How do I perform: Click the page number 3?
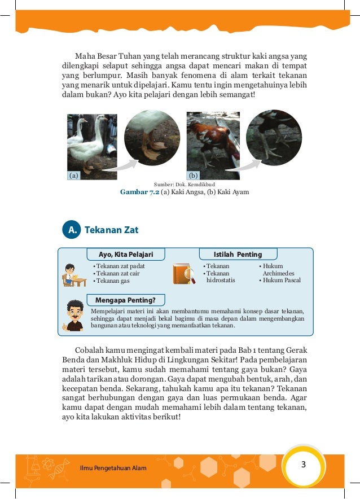click(304, 465)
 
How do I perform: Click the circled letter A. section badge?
click(72, 230)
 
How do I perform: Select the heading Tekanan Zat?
click(111, 230)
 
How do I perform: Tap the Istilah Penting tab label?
click(238, 255)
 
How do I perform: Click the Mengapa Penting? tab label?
click(125, 299)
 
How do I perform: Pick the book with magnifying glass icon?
click(183, 274)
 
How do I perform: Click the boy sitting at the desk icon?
click(73, 275)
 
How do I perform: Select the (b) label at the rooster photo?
click(193, 176)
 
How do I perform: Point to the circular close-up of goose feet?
click(152, 138)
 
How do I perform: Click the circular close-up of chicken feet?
click(274, 138)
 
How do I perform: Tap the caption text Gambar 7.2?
click(139, 192)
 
